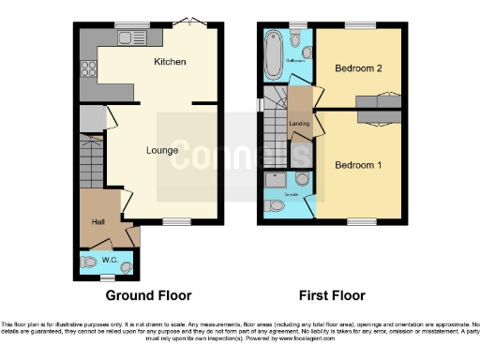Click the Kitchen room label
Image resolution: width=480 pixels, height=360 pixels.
pyautogui.click(x=170, y=62)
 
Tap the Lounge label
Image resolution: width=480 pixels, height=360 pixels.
pyautogui.click(x=161, y=149)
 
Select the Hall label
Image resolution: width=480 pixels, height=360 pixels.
pyautogui.click(x=97, y=221)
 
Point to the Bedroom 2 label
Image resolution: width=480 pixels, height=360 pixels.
pyautogui.click(x=355, y=68)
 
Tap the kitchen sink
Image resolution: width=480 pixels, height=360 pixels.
pyautogui.click(x=125, y=37)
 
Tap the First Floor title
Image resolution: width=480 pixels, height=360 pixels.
pyautogui.click(x=331, y=295)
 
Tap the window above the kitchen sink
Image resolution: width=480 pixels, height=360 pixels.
pyautogui.click(x=126, y=24)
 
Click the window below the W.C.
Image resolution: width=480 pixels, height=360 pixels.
pyautogui.click(x=109, y=277)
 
